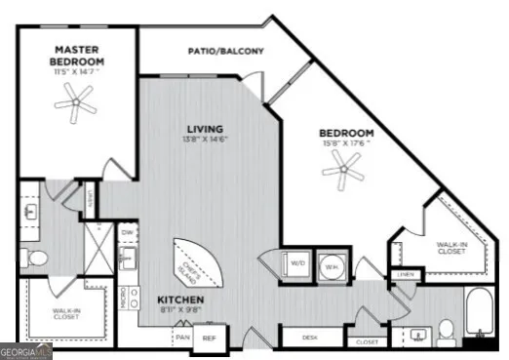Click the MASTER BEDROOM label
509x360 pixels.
(79, 56)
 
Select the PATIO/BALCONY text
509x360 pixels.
(225, 52)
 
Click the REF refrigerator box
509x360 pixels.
(208, 338)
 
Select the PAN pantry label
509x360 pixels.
(182, 337)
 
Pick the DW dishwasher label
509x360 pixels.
(127, 233)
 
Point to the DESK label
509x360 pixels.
(310, 338)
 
